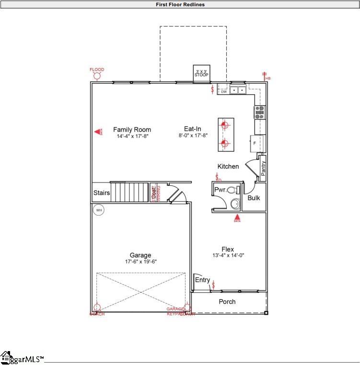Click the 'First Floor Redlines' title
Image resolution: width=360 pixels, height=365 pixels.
[180, 4]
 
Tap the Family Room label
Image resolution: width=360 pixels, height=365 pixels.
[132, 129]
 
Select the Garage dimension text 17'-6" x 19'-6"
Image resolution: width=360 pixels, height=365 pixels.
[140, 262]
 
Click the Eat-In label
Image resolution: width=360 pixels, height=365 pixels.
[192, 128]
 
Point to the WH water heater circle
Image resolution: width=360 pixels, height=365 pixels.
[99, 210]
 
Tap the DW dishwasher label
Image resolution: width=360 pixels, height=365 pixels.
[223, 92]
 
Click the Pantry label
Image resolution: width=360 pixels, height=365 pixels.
[263, 168]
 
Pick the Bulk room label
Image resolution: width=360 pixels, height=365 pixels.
[254, 197]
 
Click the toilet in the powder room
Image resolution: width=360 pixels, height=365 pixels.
[232, 190]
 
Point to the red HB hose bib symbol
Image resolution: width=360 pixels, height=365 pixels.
[265, 75]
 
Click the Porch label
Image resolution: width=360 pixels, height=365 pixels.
[227, 302]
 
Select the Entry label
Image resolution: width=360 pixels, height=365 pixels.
[202, 280]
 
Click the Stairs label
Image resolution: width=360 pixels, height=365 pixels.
[101, 193]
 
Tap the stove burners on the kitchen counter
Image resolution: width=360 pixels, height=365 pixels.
[259, 112]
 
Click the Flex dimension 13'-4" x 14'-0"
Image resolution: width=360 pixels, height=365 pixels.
[228, 255]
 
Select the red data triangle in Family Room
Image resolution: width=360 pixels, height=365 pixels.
[97, 131]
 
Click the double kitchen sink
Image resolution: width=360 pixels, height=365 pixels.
[238, 90]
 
